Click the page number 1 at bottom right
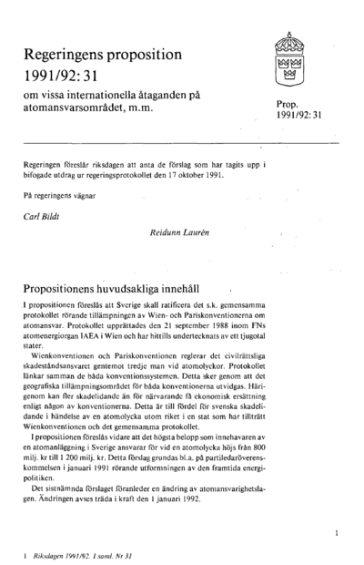point(336,529)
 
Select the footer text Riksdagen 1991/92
point(62,553)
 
